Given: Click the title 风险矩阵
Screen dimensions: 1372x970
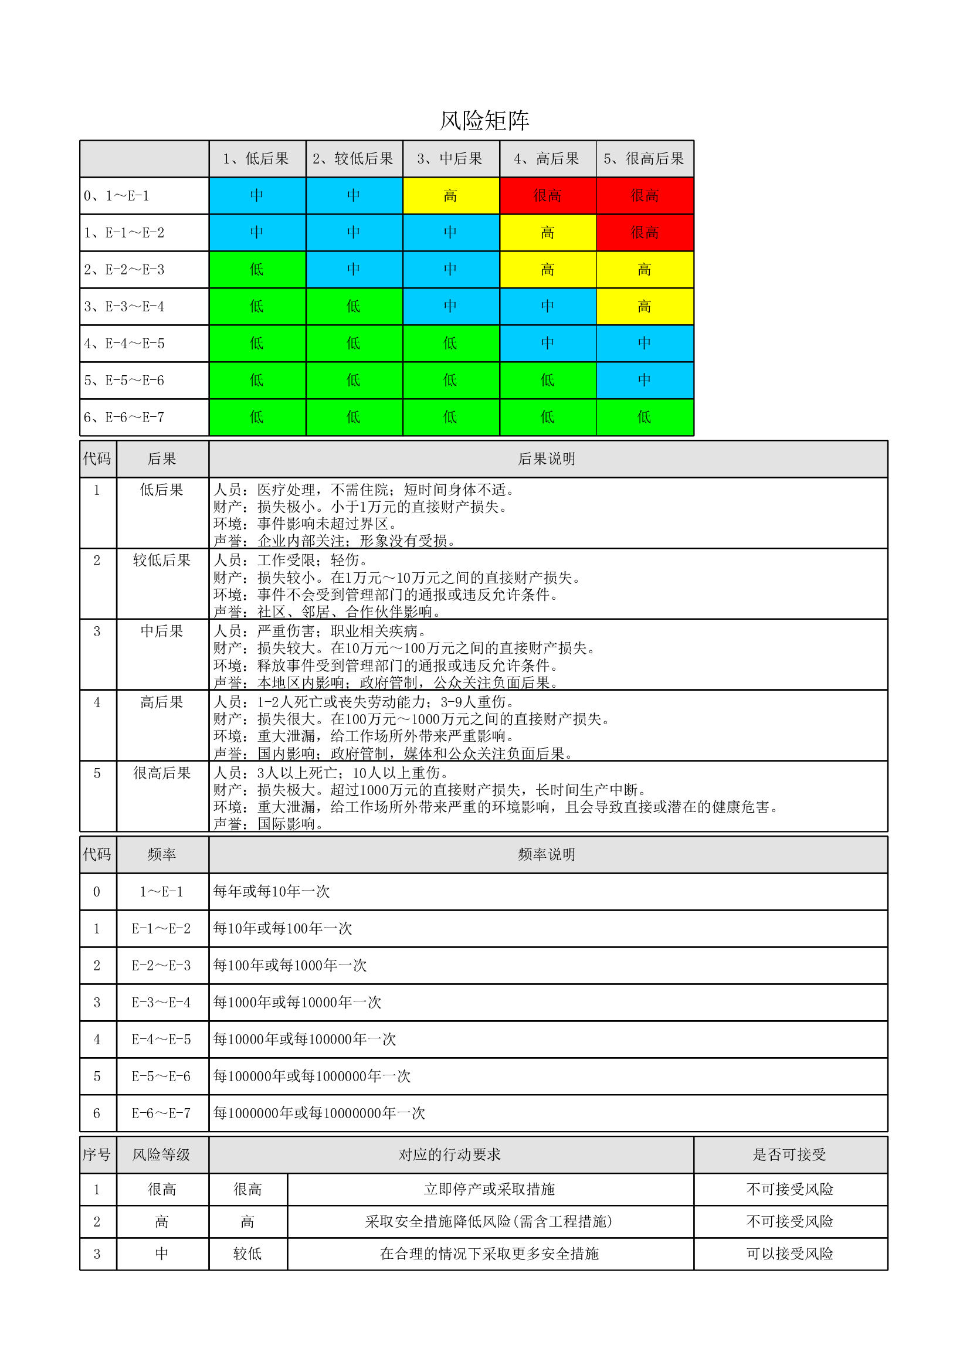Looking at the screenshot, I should [x=484, y=121].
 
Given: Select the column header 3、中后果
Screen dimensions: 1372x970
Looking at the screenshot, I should [x=450, y=159].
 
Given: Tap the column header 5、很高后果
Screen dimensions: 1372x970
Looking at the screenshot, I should [x=644, y=159].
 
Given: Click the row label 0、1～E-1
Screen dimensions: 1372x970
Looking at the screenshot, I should [x=117, y=196].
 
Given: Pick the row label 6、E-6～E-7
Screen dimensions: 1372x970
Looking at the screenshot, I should [x=124, y=417].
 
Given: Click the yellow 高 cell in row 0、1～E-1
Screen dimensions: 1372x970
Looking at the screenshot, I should [x=450, y=196].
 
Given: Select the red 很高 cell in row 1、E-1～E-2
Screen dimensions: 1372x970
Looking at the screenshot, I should [x=645, y=233].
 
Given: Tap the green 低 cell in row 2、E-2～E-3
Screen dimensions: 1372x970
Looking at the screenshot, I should [x=257, y=270].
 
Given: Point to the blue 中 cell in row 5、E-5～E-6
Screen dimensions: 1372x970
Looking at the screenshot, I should [x=645, y=381].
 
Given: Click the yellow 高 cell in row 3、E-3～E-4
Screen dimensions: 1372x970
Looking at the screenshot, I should [x=645, y=307].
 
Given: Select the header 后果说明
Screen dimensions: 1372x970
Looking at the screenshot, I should [x=547, y=459].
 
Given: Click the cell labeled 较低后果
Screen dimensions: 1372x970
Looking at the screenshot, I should [x=162, y=561].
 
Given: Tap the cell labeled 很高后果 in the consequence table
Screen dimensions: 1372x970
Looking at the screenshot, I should [x=162, y=773].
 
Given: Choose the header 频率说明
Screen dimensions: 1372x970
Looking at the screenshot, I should [x=547, y=854].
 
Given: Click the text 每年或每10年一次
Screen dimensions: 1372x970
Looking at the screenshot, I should [x=272, y=892].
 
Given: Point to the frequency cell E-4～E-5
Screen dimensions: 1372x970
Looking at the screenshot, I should [x=161, y=1040].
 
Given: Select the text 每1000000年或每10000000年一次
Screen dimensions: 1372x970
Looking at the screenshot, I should [x=319, y=1113].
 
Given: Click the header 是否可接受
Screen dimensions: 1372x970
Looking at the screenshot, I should [x=789, y=1154].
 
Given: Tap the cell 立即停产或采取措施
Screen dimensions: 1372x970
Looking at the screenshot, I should [x=490, y=1189].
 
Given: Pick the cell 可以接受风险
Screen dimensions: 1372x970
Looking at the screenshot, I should [x=789, y=1254].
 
